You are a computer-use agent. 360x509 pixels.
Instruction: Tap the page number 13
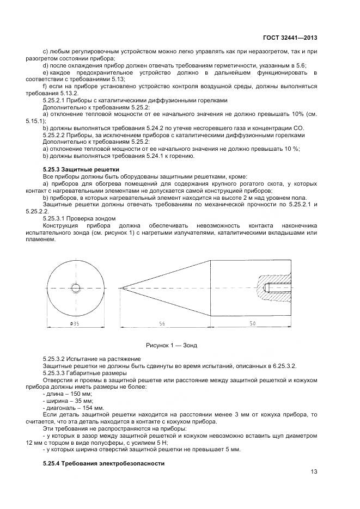[314, 471]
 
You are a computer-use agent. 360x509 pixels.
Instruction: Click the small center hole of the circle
[74, 286]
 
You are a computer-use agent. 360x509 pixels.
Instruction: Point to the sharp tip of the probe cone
[120, 286]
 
